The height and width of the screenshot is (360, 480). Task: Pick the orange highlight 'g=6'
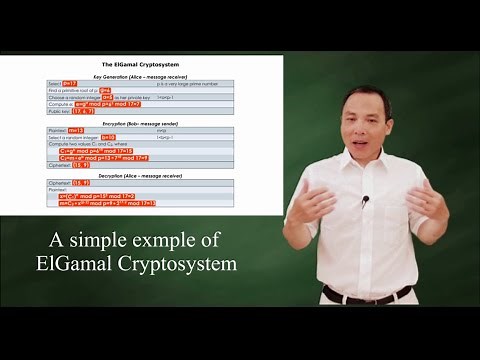(x=105, y=90)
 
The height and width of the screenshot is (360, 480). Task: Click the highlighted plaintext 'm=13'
(x=76, y=129)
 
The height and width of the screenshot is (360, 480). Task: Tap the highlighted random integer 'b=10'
(x=108, y=136)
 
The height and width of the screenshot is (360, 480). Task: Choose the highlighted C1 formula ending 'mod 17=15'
(x=96, y=150)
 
